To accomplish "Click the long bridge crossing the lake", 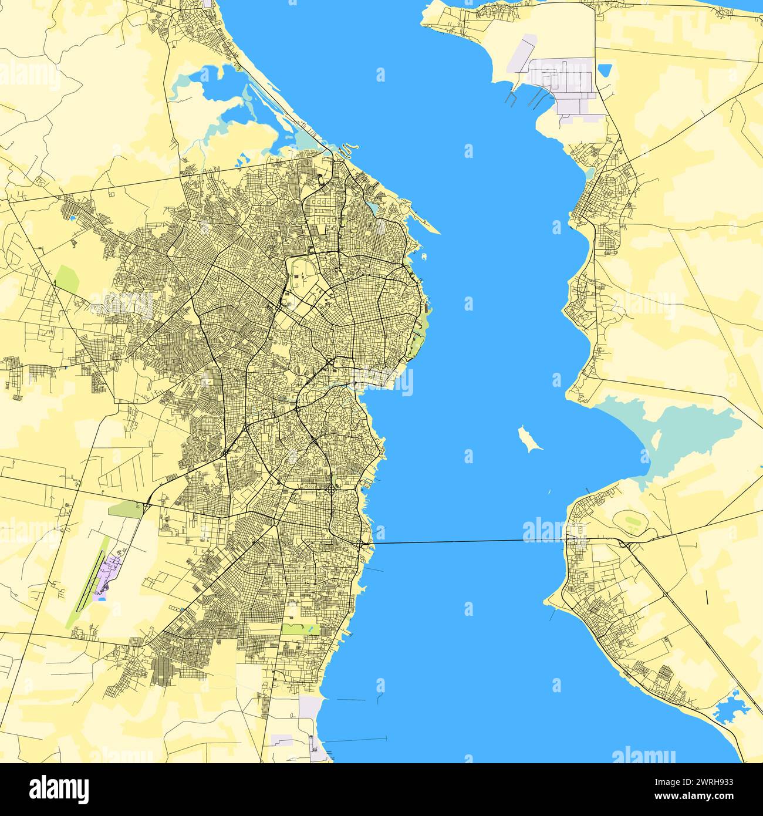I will (464, 541).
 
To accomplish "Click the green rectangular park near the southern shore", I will (301, 629).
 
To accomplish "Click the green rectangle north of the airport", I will (126, 510).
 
